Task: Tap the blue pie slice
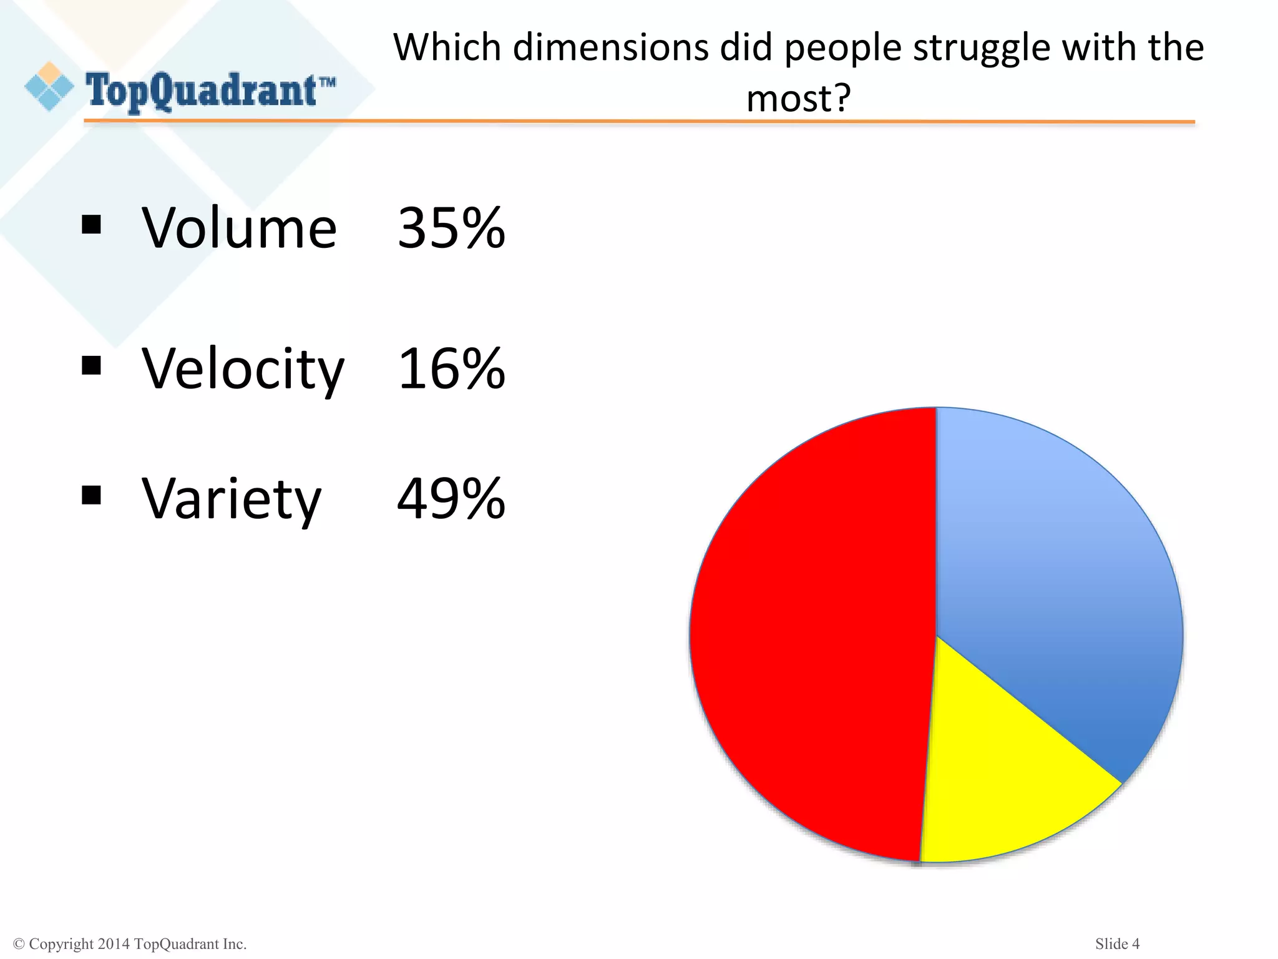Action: pos(1055,574)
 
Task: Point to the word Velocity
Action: pos(243,370)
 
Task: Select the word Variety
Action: pos(232,499)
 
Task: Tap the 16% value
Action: pos(451,369)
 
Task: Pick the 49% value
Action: pos(451,498)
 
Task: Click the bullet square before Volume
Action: pos(91,225)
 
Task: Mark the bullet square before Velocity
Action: pos(91,365)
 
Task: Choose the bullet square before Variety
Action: pos(91,495)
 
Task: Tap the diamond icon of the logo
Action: pos(49,87)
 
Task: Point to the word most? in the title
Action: pos(798,98)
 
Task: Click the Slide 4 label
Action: pos(1117,943)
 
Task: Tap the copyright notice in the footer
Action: pos(130,944)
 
